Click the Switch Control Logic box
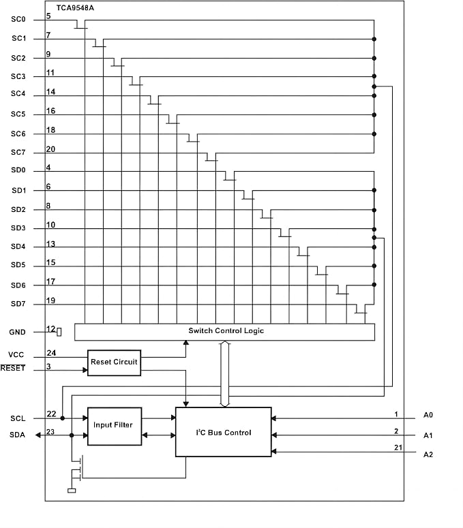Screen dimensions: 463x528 click(x=224, y=332)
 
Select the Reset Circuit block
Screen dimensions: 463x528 click(x=115, y=362)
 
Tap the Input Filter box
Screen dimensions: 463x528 click(x=115, y=426)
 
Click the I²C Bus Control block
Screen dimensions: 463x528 click(x=224, y=432)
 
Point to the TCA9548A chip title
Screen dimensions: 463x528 click(x=75, y=7)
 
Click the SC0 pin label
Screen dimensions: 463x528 click(x=18, y=19)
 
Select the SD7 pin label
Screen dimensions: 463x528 click(x=18, y=304)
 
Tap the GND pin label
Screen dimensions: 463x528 click(x=17, y=332)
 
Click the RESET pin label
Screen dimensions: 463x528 click(x=13, y=368)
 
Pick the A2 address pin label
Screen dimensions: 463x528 click(x=428, y=454)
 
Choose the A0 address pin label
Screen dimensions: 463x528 click(x=428, y=415)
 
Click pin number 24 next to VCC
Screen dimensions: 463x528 click(x=51, y=353)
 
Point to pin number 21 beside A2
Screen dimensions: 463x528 click(x=398, y=448)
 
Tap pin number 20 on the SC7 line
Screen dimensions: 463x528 click(x=50, y=149)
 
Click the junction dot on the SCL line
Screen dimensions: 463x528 click(x=62, y=418)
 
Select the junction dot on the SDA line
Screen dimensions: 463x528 click(x=72, y=435)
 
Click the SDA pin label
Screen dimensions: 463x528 click(x=17, y=435)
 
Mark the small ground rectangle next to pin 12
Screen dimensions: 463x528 click(x=59, y=332)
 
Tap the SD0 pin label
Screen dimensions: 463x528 click(x=18, y=170)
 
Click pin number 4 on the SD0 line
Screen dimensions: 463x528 click(x=48, y=168)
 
